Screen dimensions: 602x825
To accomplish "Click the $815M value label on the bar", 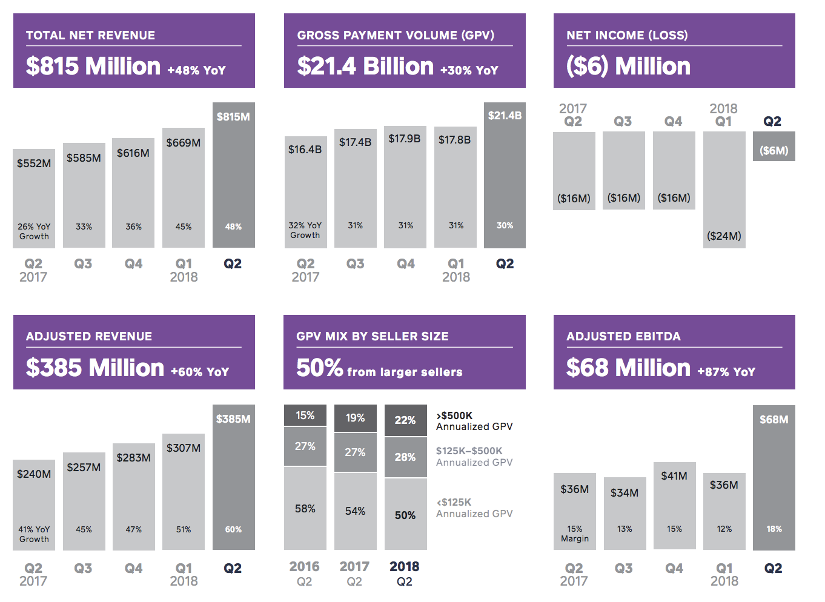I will [233, 117].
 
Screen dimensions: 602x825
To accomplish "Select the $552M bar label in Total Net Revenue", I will [34, 164].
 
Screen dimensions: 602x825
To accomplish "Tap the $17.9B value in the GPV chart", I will [405, 139].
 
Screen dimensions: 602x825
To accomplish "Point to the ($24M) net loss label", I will [724, 236].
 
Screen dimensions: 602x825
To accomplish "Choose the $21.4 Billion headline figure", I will [365, 66].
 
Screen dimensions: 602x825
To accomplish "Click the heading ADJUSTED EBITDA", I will [623, 336].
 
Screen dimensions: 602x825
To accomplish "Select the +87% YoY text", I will [726, 372].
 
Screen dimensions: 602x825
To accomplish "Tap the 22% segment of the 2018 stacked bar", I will [405, 420].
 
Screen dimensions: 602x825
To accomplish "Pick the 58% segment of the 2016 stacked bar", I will [305, 509].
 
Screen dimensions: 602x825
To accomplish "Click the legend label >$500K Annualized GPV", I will [474, 421].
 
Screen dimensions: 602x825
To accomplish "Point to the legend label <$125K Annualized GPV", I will [474, 508].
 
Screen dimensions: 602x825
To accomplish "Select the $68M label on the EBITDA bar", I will [774, 420].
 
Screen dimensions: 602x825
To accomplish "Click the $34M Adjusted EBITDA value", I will [625, 493].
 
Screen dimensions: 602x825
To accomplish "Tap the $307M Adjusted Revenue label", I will [184, 448].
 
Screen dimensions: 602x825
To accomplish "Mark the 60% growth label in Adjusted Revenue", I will [233, 529].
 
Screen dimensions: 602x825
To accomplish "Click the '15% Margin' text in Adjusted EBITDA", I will [575, 534].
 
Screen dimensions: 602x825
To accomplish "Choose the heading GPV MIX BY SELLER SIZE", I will [373, 336].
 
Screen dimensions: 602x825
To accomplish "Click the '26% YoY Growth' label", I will [34, 231].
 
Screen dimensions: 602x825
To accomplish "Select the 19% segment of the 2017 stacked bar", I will [355, 418].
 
